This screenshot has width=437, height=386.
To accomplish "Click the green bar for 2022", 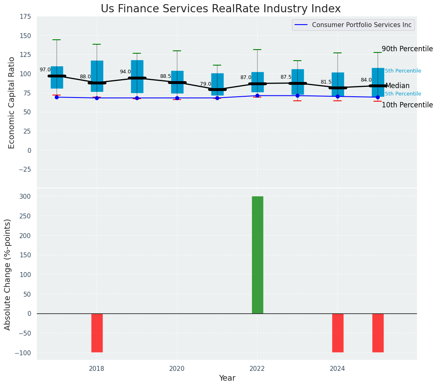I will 257,254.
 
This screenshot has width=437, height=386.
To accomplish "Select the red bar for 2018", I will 97,333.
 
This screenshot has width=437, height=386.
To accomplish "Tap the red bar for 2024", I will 337,333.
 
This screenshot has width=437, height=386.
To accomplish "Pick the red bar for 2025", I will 378,333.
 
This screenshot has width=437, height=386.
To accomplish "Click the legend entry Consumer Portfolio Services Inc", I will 361,25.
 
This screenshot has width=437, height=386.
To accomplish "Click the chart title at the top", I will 220,9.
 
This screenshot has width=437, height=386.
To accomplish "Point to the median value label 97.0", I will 45,70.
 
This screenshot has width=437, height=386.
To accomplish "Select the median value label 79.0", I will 206,84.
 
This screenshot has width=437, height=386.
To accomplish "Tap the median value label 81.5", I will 326,82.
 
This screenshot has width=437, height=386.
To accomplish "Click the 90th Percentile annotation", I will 407,49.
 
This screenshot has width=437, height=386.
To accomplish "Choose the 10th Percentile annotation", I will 407,105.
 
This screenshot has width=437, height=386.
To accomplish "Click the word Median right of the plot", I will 397,86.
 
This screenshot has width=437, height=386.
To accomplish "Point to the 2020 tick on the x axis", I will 177,369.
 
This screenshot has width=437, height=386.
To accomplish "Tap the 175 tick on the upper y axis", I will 25,16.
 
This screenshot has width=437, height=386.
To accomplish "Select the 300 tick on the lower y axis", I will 26,196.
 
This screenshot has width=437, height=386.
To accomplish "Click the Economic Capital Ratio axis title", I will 11,102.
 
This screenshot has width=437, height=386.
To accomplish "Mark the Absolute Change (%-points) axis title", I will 7,274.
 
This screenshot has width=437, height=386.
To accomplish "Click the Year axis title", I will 227,378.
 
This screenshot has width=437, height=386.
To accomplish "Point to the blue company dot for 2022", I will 257,95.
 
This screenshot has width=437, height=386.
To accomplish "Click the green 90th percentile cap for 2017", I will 57,40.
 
